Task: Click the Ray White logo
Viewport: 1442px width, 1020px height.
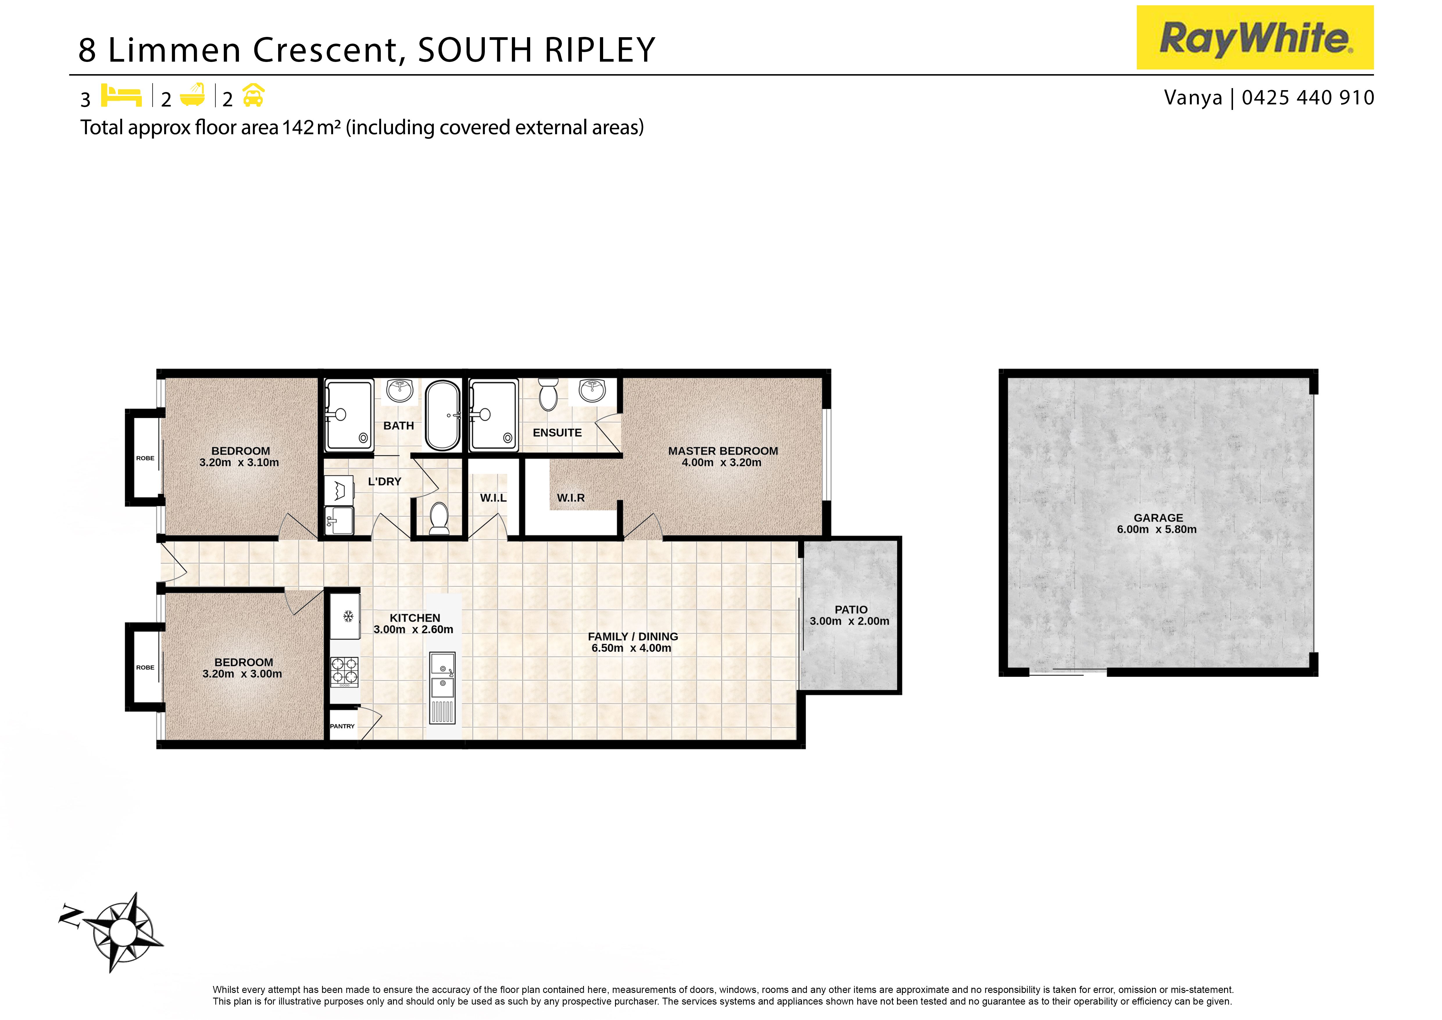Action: tap(1255, 38)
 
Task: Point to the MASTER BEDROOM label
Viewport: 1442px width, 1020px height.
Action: tap(723, 451)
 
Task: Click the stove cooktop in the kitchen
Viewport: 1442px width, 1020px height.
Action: tap(344, 670)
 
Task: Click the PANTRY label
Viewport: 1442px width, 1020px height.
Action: tap(342, 726)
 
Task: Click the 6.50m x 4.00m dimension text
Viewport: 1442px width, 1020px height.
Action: tap(631, 648)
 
